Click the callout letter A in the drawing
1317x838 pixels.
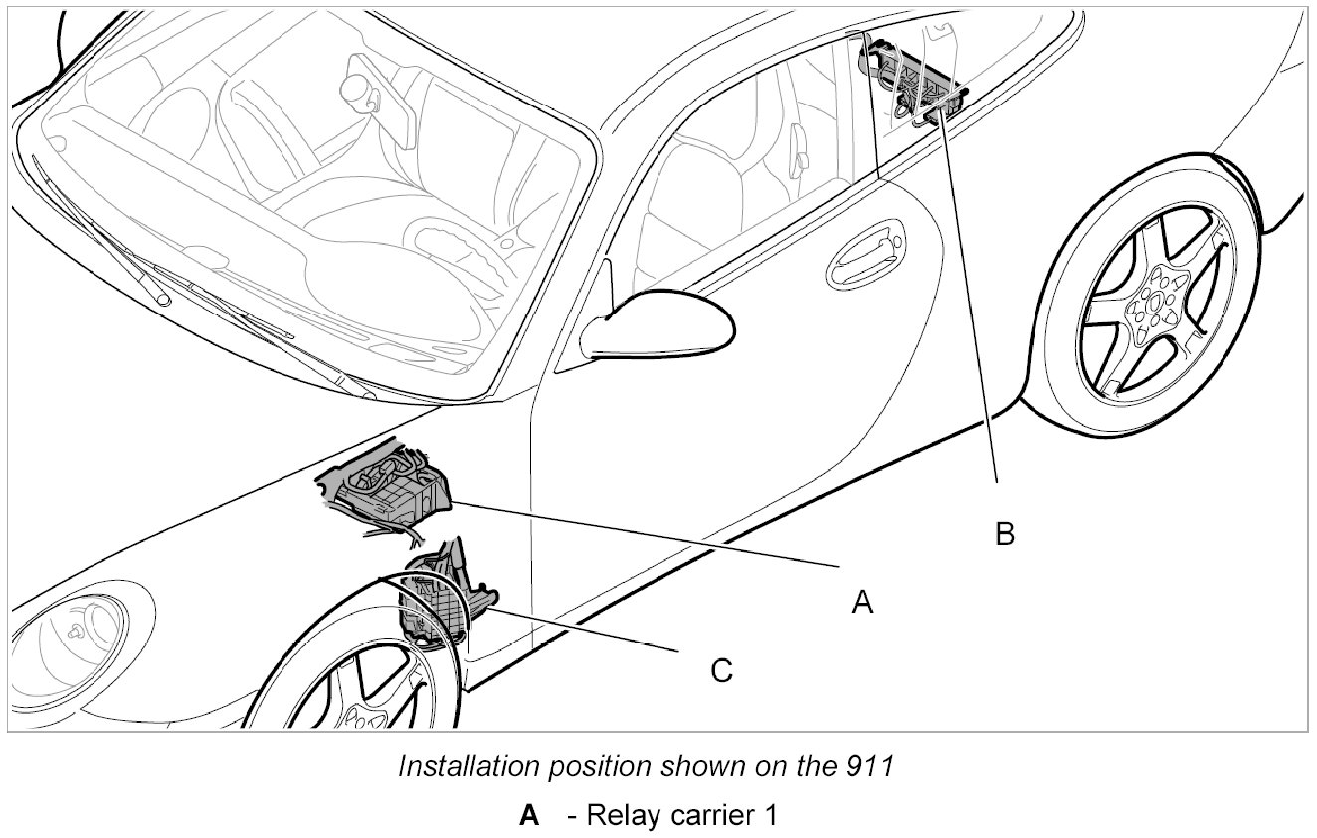(862, 601)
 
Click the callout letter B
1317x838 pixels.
(1005, 534)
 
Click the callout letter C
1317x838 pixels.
(721, 671)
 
